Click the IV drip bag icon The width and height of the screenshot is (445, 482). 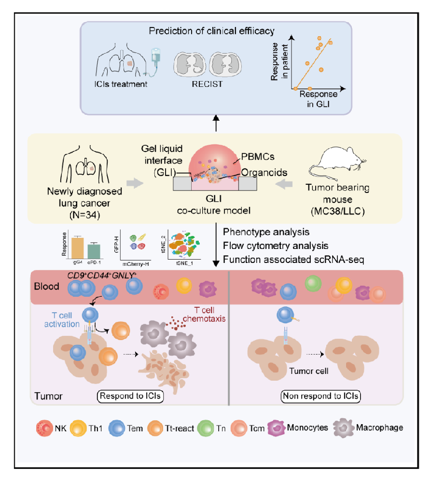pyautogui.click(x=156, y=55)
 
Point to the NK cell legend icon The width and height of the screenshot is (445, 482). pyautogui.click(x=42, y=427)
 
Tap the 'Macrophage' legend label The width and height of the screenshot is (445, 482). pyautogui.click(x=379, y=427)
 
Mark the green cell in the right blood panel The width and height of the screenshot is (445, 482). pyautogui.click(x=313, y=283)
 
